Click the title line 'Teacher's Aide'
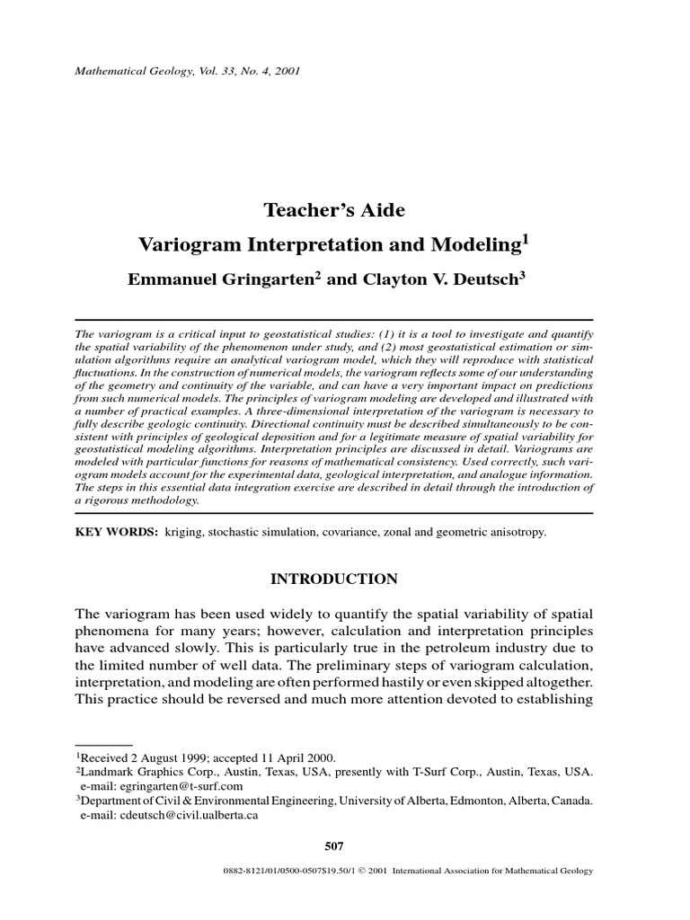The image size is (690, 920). click(x=333, y=210)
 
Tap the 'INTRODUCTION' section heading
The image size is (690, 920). click(x=333, y=579)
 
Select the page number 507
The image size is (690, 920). click(x=333, y=845)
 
